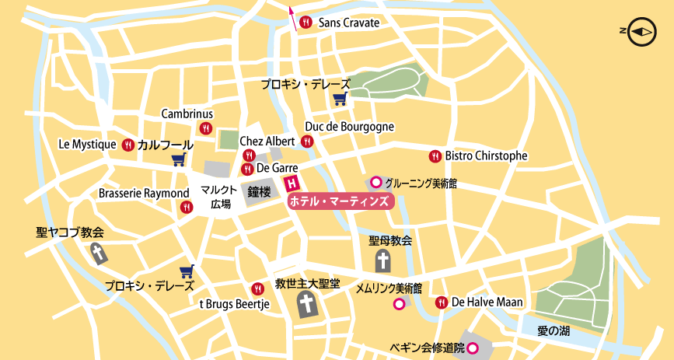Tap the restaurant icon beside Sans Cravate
click(x=306, y=23)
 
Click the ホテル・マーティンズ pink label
click(x=340, y=201)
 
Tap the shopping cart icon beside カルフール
click(x=179, y=160)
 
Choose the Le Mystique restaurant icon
click(x=128, y=145)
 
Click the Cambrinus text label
click(x=187, y=114)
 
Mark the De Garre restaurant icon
click(x=247, y=168)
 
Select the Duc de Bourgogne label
click(x=349, y=126)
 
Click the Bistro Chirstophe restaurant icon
click(x=435, y=156)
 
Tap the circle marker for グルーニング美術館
click(x=376, y=183)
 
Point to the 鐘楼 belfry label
click(x=259, y=190)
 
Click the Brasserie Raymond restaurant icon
click(x=187, y=207)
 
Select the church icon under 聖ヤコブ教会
click(x=98, y=253)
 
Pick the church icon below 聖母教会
click(x=383, y=260)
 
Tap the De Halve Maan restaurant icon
click(x=442, y=302)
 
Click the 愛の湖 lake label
click(x=554, y=330)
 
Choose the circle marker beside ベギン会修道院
click(x=472, y=348)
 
